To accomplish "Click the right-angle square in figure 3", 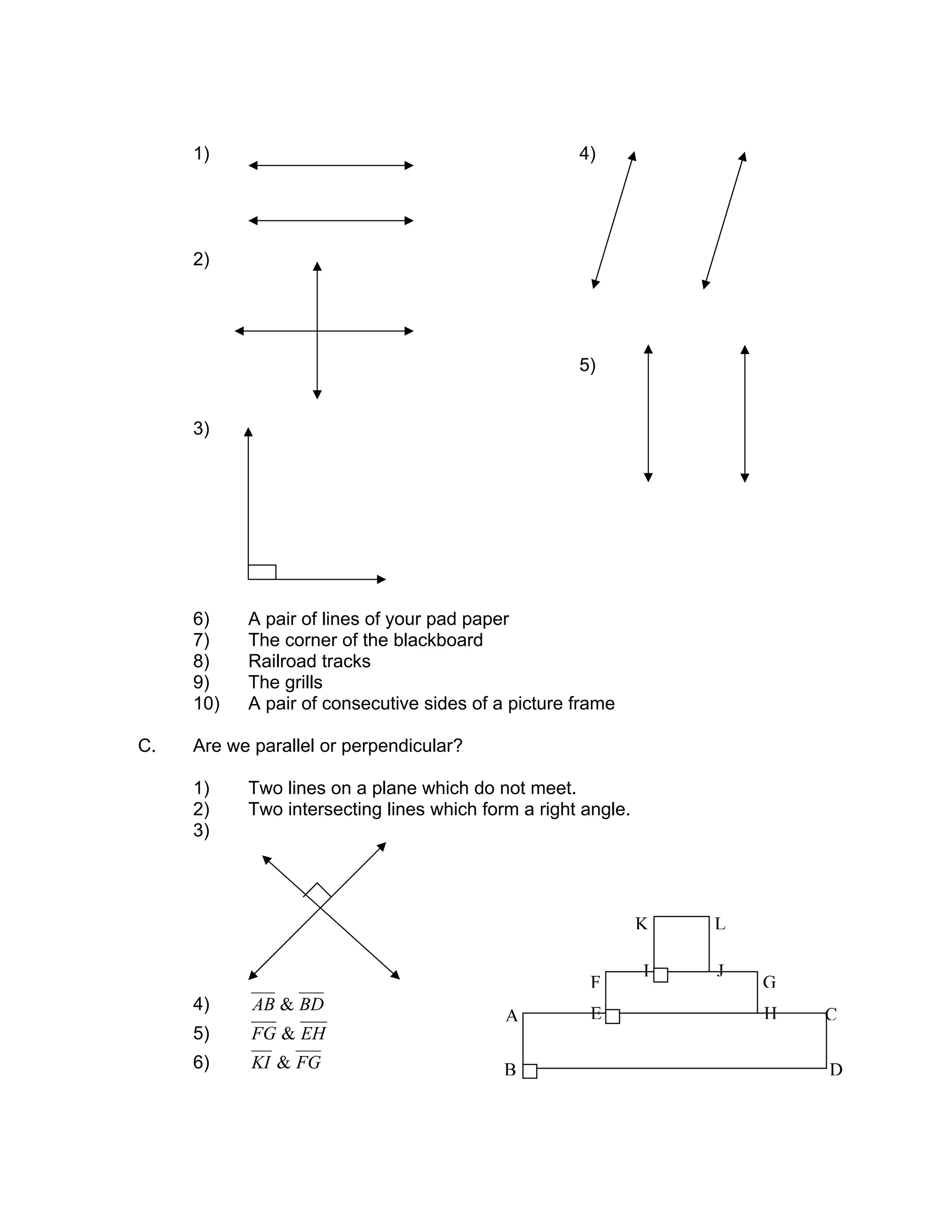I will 262,572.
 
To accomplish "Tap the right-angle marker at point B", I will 530,1071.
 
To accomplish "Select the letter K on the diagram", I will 641,924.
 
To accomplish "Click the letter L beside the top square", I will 720,924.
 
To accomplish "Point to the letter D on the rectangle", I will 836,1070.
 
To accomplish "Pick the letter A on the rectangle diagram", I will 512,1017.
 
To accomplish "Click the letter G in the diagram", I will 769,983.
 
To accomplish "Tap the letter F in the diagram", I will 595,983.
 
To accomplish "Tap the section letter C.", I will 146,746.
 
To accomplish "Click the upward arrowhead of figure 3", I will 248,432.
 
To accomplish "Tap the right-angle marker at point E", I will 612,1017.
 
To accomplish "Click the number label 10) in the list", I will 206,704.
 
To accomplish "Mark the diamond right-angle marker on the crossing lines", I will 318,896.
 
